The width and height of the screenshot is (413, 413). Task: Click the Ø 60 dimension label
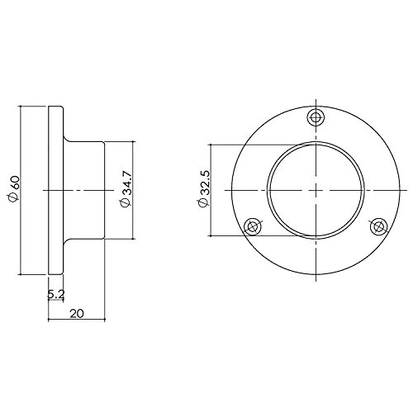click(x=13, y=189)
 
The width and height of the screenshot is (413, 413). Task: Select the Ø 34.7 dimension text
click(x=126, y=188)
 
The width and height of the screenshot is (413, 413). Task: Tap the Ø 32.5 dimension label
click(x=204, y=189)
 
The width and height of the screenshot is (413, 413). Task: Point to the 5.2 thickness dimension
click(x=56, y=294)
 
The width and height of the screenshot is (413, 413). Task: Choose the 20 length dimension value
click(x=77, y=313)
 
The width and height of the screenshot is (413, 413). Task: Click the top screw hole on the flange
click(x=316, y=118)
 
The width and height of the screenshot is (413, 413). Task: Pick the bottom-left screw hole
click(x=253, y=226)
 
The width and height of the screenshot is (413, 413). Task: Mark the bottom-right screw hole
click(x=378, y=226)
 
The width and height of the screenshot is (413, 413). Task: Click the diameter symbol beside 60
click(x=13, y=198)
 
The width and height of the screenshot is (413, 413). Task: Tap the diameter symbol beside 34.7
click(x=126, y=202)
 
